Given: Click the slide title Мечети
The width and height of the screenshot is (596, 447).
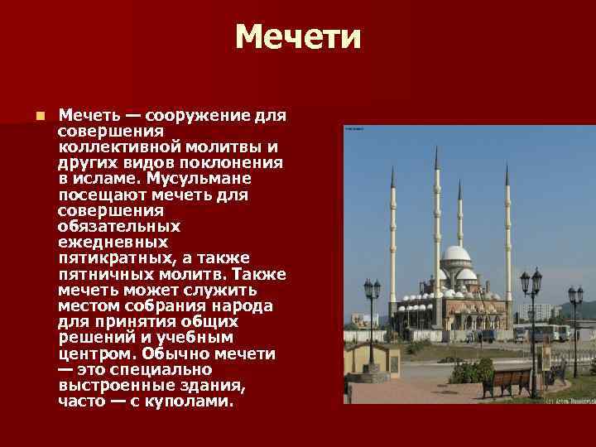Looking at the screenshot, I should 298,37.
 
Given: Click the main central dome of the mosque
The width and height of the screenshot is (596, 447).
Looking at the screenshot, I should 455,254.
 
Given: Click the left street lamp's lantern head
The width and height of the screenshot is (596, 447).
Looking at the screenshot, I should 372,289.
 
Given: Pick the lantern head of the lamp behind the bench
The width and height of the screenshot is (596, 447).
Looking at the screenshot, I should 531,282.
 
